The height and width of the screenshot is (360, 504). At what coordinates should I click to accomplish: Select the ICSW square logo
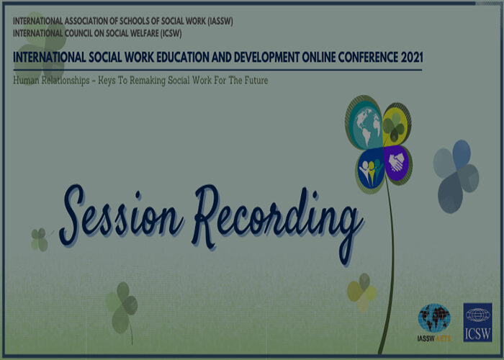click(x=477, y=323)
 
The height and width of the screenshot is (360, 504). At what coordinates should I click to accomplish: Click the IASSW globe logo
click(x=434, y=319)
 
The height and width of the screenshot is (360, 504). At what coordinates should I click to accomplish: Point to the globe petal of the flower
click(x=364, y=123)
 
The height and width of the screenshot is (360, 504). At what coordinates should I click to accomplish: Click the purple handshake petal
click(x=397, y=164)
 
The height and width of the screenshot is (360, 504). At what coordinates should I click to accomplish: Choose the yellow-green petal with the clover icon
click(x=397, y=125)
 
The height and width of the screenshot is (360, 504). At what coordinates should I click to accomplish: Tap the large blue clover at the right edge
click(x=456, y=176)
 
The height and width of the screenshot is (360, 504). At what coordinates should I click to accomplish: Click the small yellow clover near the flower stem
click(x=362, y=292)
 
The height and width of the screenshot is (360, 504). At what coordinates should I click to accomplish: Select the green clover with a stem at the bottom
click(x=122, y=309)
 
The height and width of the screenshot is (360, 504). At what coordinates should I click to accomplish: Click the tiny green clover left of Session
click(x=40, y=240)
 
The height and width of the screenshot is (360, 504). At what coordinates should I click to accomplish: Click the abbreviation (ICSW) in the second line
click(x=171, y=33)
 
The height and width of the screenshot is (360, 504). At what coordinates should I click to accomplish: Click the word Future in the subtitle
click(x=256, y=80)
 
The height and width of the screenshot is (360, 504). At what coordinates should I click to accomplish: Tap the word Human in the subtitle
click(x=26, y=80)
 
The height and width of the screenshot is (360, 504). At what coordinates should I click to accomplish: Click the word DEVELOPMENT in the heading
click(x=267, y=57)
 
